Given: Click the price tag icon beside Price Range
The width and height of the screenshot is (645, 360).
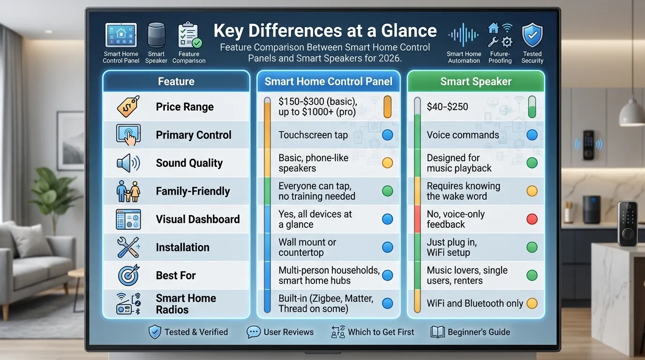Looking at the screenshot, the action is (128, 106).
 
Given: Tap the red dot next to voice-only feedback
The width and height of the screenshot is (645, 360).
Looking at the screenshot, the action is (532, 219).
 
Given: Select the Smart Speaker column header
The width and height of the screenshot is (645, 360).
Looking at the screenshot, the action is (476, 82).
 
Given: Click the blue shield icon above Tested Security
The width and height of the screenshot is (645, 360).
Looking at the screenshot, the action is (532, 35).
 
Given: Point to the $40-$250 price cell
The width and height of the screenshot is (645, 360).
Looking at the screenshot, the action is (447, 106).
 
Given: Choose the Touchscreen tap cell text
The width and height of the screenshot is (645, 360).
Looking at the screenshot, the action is (313, 135).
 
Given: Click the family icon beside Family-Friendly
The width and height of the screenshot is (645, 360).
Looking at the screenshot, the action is (128, 191).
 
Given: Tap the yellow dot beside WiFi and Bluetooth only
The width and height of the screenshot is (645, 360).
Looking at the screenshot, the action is (532, 303).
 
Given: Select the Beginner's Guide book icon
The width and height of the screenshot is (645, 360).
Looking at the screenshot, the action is (437, 332).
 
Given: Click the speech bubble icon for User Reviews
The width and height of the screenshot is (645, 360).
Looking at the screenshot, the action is (254, 332).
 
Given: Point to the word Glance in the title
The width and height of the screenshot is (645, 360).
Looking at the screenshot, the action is (409, 30).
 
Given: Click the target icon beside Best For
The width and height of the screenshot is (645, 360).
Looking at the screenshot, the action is (128, 275).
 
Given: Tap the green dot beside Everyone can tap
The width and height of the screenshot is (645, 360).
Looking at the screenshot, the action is (387, 191).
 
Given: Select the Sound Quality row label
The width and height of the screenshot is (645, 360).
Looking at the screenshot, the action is (189, 163).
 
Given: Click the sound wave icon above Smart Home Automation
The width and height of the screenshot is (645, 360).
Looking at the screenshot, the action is (463, 35).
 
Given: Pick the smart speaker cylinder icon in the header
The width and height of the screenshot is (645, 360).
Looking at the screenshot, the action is (156, 35).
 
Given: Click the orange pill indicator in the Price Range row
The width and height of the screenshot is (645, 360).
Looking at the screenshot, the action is (387, 107).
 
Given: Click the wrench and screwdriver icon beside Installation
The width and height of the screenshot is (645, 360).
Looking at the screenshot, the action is (128, 247).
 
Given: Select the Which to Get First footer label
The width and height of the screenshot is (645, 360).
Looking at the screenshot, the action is (381, 332).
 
